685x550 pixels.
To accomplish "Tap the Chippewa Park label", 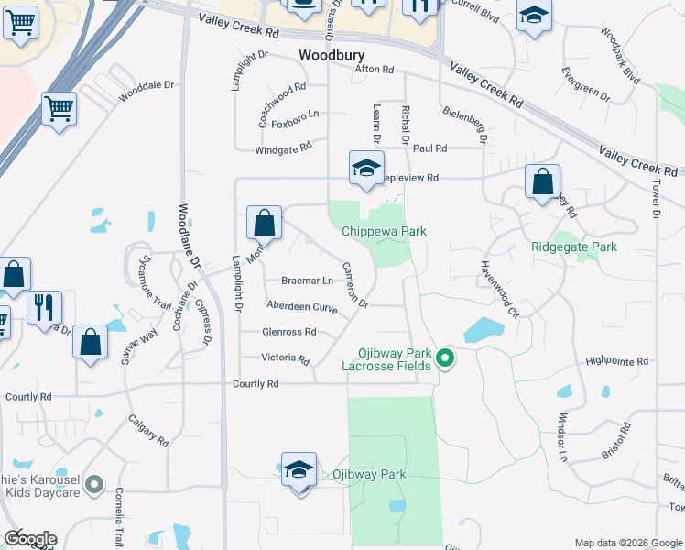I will pos(385,232).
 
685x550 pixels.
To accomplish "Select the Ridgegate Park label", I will pos(574,247).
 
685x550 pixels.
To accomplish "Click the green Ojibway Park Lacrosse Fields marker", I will pos(445,357).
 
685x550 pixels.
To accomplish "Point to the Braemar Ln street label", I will pos(307,280).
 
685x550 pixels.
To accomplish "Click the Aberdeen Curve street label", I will pos(301,307).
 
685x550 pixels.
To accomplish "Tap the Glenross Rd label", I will pos(288,332).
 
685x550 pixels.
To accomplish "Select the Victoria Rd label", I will pos(287,358).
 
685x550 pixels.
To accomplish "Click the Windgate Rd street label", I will pos(283,147).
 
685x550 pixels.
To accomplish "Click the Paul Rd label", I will pos(429,148).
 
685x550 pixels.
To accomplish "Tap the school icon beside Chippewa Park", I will pos(365,169).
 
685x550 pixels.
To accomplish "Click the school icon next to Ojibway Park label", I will pos(299,470).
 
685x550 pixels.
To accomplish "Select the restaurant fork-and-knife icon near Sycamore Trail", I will pos(44,308).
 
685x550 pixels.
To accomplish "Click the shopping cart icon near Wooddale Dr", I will pos(59,110).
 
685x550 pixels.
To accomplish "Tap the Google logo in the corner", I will pos(30,539).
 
